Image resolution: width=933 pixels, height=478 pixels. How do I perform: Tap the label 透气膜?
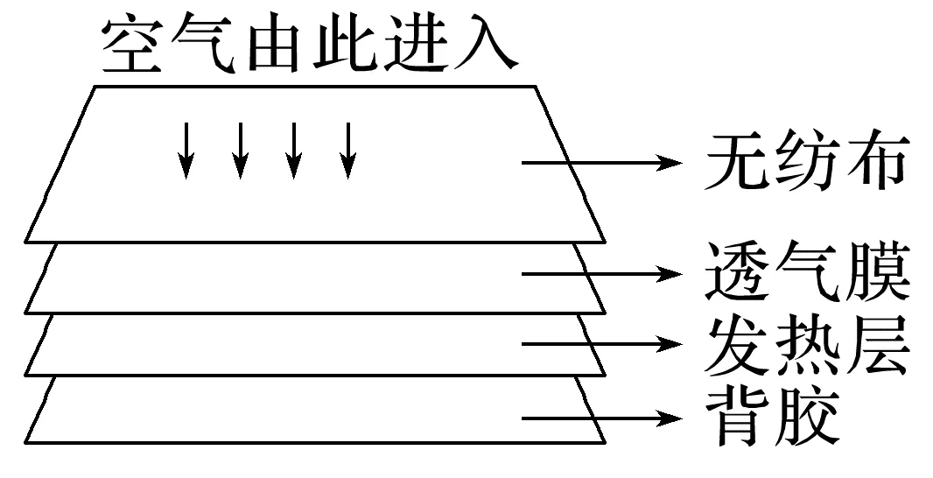click(x=805, y=273)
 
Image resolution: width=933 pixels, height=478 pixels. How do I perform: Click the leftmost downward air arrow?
click(x=186, y=150)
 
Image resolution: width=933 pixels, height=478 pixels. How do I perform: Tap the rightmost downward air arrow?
click(x=349, y=150)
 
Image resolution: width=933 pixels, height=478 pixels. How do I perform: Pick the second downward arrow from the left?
click(x=240, y=150)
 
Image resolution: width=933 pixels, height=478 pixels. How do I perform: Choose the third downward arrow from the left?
click(x=294, y=150)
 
